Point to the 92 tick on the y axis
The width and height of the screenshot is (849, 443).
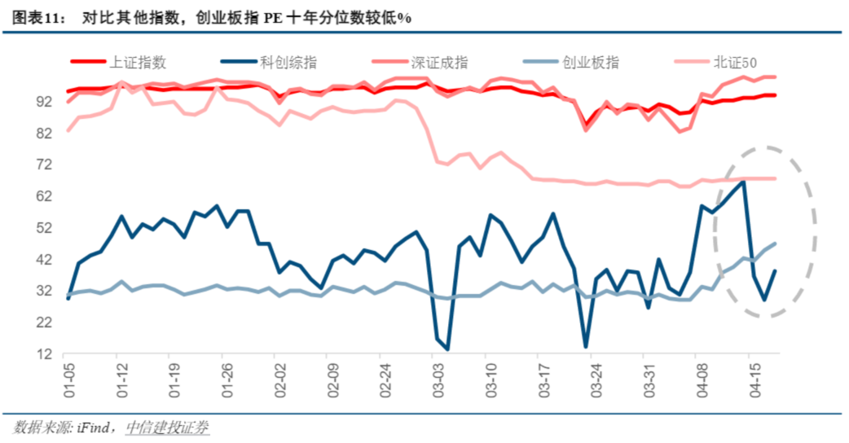pyautogui.click(x=44, y=102)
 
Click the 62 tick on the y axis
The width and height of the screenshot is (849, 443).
pyautogui.click(x=44, y=197)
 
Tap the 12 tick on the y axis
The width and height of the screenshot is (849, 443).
pyautogui.click(x=44, y=355)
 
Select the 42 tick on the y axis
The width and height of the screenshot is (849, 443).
pyautogui.click(x=44, y=260)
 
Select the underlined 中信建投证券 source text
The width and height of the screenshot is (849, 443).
pyautogui.click(x=168, y=427)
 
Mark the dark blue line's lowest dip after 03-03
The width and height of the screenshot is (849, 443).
pyautogui.click(x=447, y=349)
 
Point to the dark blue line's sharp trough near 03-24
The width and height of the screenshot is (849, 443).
pyautogui.click(x=585, y=347)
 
